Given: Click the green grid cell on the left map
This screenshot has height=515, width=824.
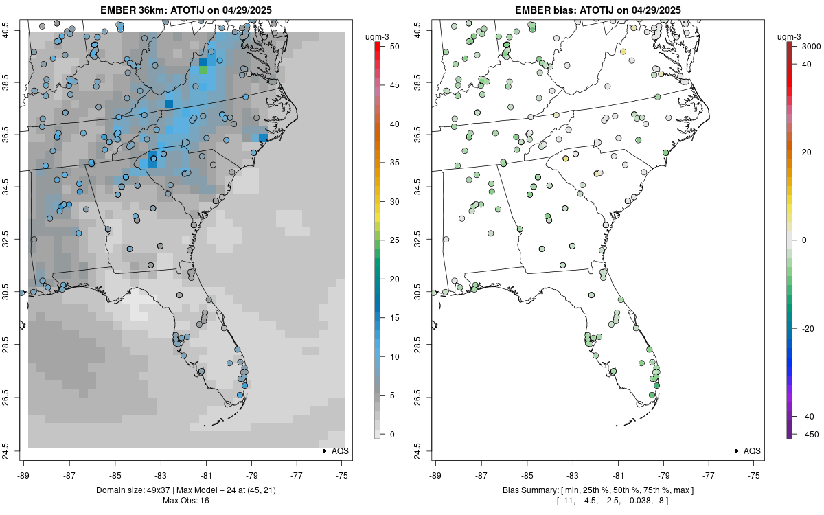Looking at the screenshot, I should click(x=203, y=70).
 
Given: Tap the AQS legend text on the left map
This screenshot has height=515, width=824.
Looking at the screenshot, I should click(x=340, y=450).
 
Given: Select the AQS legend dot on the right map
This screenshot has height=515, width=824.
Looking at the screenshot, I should click(x=735, y=450).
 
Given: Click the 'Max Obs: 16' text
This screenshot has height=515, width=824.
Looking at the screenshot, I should click(x=186, y=500).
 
